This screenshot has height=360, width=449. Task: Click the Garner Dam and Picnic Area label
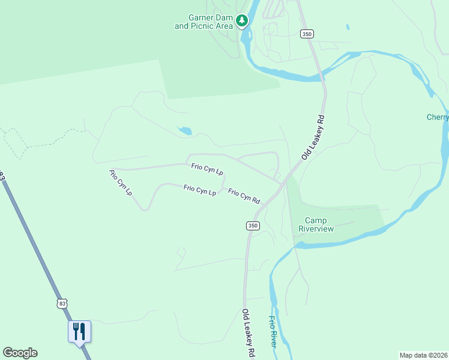[202, 22]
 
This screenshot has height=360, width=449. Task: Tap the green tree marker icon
[242, 22]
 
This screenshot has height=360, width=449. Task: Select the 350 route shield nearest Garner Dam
[307, 34]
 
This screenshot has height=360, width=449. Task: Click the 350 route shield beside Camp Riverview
[253, 225]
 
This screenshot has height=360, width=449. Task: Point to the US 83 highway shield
[62, 304]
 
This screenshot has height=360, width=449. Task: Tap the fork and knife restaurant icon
[79, 331]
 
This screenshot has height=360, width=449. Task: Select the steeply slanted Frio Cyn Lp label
[120, 183]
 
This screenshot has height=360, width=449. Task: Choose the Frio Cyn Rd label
[244, 196]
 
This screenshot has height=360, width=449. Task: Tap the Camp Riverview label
[316, 224]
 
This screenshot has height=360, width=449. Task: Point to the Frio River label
[273, 331]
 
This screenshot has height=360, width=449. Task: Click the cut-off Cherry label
[438, 117]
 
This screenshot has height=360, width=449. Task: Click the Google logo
[20, 353]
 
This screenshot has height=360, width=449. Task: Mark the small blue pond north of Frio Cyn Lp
[185, 130]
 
